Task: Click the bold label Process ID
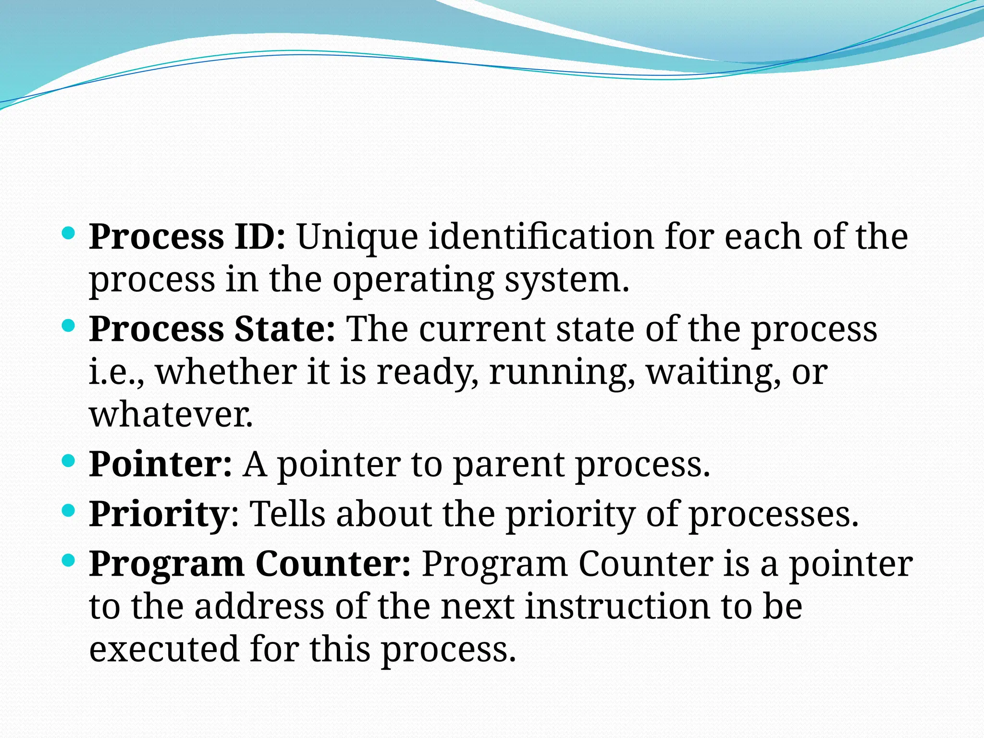coord(187,237)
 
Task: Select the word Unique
coord(357,238)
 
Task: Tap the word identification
coord(541,237)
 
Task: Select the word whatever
coord(171,414)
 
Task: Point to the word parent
coord(509,466)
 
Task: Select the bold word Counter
coord(333,564)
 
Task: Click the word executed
coord(164,649)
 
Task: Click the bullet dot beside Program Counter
coord(69,560)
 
